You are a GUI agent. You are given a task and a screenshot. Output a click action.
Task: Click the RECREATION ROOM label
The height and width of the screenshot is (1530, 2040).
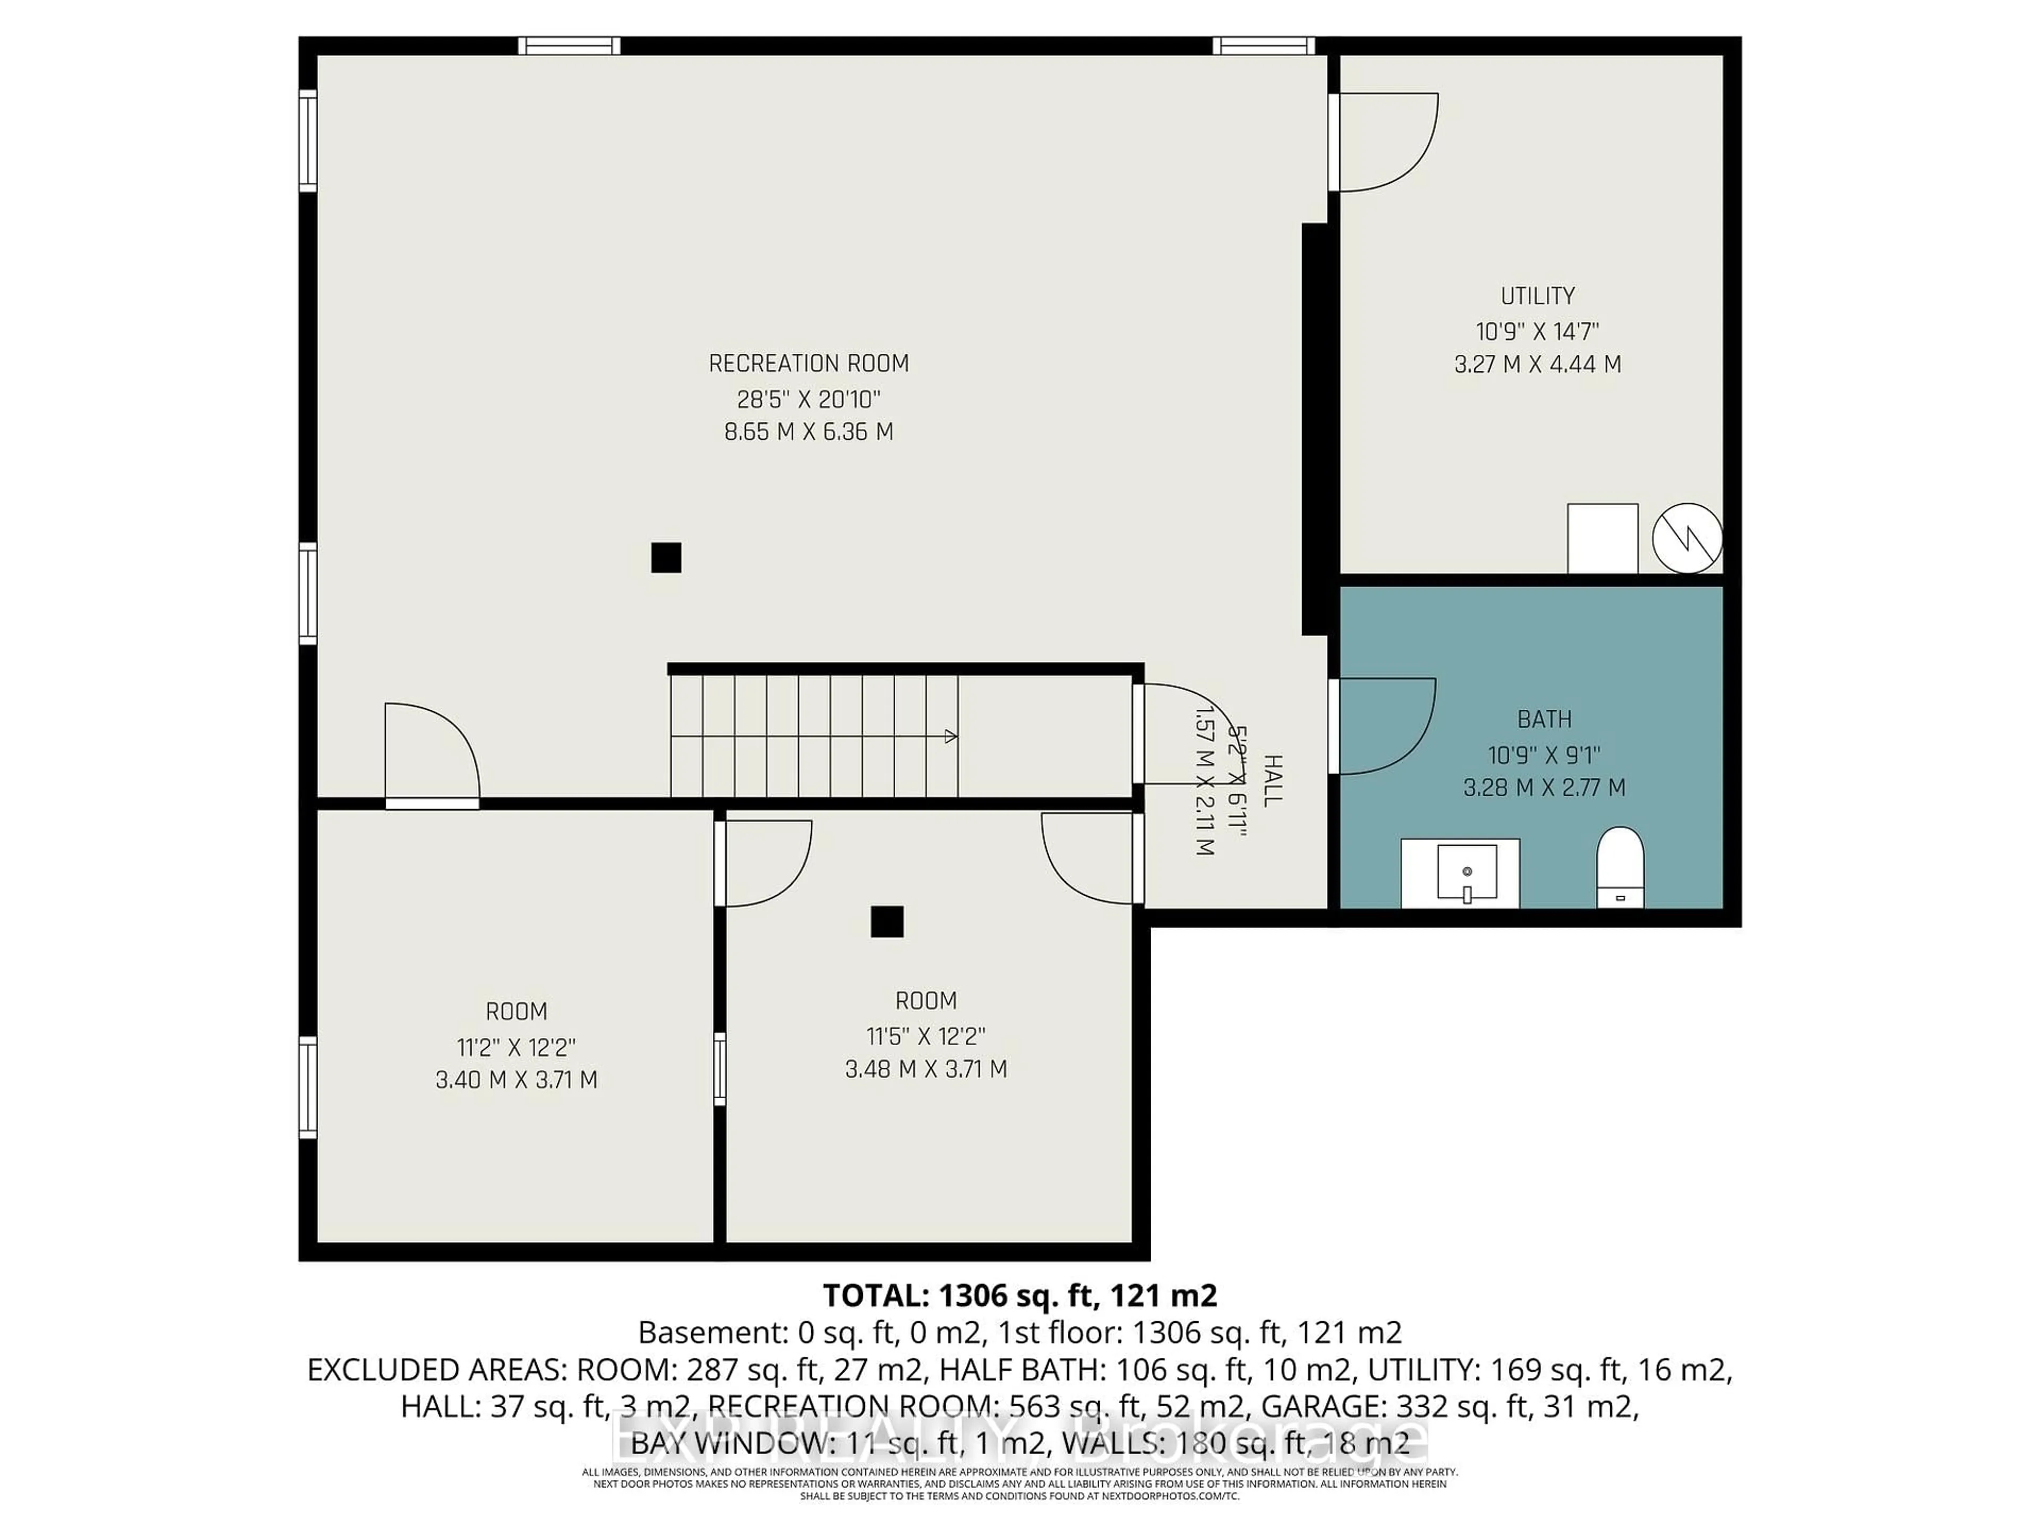tap(808, 363)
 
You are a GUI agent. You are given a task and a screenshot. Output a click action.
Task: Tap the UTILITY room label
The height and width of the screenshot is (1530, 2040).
tap(1537, 296)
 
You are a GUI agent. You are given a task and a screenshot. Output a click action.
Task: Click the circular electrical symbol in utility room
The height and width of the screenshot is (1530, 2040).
tap(1687, 538)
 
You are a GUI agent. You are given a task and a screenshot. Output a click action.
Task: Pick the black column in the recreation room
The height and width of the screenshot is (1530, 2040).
tap(666, 558)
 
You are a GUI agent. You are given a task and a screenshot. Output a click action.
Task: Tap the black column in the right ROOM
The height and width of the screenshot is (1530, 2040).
tap(887, 921)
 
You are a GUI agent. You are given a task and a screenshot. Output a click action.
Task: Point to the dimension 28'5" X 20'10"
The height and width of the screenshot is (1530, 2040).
tap(808, 399)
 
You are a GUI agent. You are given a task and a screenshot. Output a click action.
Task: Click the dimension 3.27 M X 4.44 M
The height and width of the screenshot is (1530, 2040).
tap(1537, 364)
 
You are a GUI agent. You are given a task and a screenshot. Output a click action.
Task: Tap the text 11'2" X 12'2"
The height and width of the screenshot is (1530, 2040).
tap(516, 1048)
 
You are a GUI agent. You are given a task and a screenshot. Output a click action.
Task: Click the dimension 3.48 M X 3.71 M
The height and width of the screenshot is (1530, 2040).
tap(926, 1069)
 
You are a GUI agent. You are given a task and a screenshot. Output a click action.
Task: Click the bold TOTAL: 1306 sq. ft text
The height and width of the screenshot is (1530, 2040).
tap(1018, 1296)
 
